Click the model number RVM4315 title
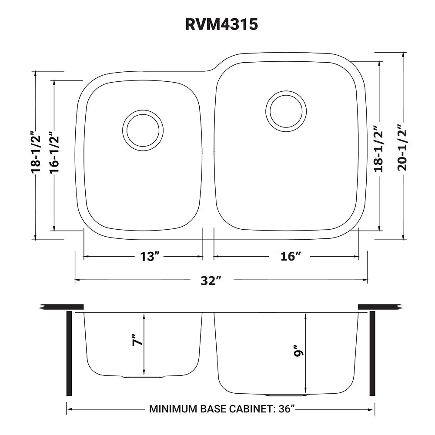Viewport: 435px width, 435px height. pyautogui.click(x=221, y=25)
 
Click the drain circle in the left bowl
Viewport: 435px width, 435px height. pyautogui.click(x=143, y=130)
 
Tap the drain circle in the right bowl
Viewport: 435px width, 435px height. pyautogui.click(x=286, y=111)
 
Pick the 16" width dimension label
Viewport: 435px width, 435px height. pyautogui.click(x=291, y=257)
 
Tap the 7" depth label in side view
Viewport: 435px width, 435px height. pyautogui.click(x=137, y=340)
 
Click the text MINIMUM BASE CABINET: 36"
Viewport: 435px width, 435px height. pyautogui.click(x=222, y=409)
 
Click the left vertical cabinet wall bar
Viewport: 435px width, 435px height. pyautogui.click(x=69, y=353)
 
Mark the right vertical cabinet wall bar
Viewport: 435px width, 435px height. pyautogui.click(x=372, y=353)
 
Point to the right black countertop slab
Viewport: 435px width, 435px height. pyautogui.click(x=378, y=307)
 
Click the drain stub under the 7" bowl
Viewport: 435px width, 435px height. pyautogui.click(x=143, y=377)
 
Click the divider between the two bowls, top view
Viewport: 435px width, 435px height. pyautogui.click(x=208, y=152)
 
